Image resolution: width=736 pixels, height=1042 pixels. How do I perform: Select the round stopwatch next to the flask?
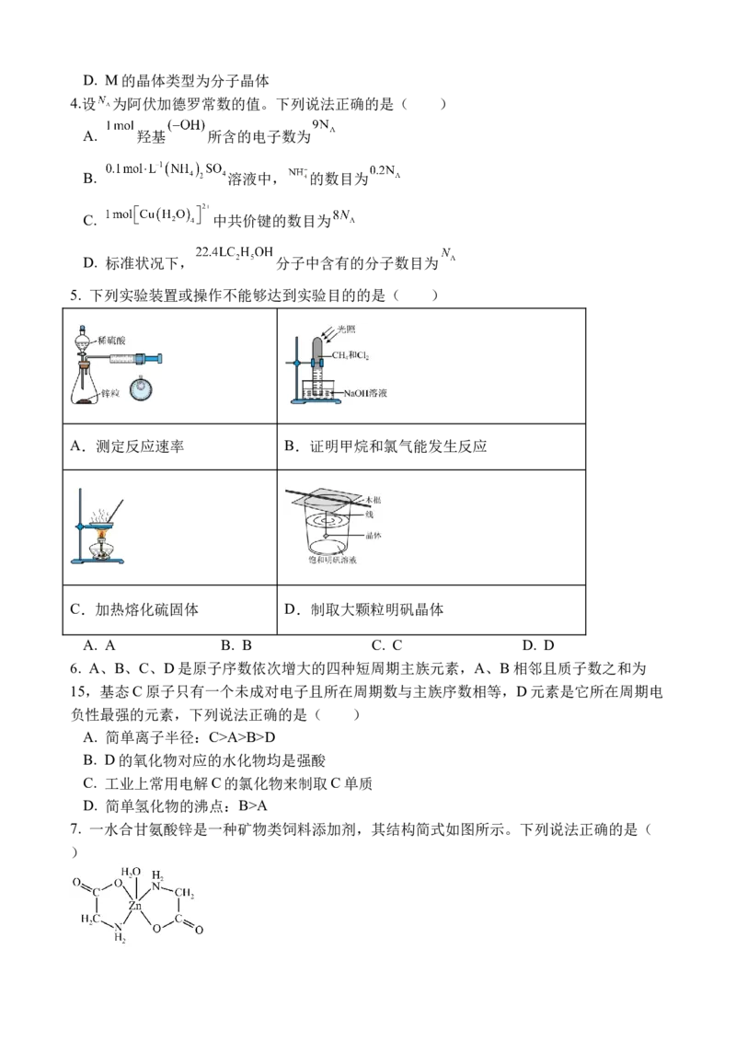pos(143,389)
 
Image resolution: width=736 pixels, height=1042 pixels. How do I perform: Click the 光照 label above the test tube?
pos(354,329)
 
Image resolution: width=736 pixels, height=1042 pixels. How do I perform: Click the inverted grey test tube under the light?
pos(316,354)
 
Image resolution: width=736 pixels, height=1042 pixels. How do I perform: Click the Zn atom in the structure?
pos(136,906)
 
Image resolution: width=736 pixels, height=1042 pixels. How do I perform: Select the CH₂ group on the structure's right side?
pos(184,891)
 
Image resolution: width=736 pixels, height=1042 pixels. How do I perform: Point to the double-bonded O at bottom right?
pos(199,930)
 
